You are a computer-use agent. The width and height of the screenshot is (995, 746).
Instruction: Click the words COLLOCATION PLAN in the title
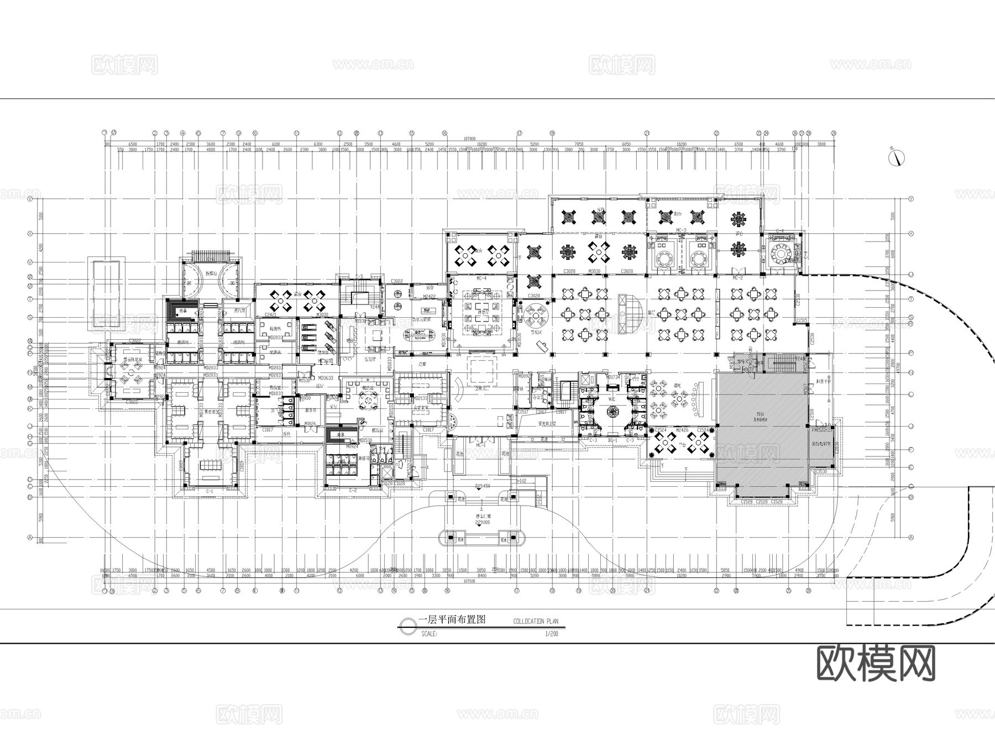point(535,621)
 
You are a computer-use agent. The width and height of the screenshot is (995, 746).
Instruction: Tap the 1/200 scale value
point(551,634)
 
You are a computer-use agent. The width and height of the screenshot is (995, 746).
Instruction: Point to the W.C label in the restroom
point(612,398)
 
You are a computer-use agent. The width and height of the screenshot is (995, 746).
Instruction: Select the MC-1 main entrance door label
point(480,444)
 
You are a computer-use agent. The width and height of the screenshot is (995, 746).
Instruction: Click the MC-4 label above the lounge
point(480,278)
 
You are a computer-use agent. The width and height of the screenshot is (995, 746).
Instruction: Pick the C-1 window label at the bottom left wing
point(210,491)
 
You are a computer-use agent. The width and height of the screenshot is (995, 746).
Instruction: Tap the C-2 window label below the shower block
point(352,491)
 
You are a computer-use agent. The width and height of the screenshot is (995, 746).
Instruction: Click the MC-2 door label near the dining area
point(737,278)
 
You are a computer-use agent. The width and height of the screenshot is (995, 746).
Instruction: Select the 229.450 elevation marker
point(483,486)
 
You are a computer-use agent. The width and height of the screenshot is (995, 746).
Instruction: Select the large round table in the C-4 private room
point(782,253)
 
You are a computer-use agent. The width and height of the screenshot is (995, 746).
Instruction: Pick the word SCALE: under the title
point(428,634)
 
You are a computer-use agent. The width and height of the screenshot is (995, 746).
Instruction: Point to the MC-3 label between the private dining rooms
point(680,230)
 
